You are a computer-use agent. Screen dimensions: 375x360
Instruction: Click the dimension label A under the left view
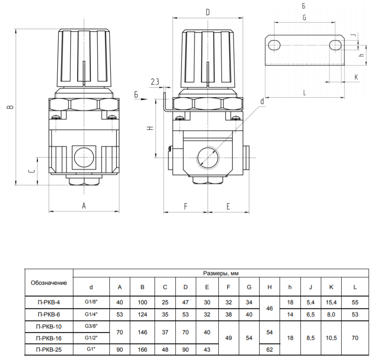point(84,205)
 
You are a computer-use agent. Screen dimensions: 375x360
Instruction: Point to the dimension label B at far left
point(10,107)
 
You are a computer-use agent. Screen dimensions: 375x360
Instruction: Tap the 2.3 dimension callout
point(155,82)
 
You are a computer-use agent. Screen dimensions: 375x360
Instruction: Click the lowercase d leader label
point(262,101)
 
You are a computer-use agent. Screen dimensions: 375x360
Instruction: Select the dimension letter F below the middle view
point(186,206)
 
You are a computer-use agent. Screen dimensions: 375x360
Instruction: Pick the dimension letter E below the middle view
point(228,206)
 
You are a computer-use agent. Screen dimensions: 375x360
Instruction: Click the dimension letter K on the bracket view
point(356,77)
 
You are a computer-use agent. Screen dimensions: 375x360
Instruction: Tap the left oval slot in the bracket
point(274,45)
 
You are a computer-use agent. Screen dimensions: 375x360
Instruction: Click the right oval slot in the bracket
point(336,45)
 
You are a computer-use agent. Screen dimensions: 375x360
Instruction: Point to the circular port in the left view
point(84,157)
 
